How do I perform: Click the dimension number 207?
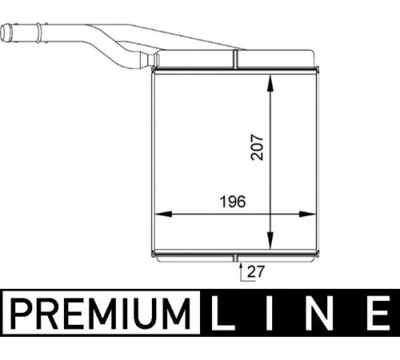click(257, 147)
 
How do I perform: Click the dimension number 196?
click(233, 202)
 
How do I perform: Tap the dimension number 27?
click(255, 271)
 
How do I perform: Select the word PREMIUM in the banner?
click(101, 314)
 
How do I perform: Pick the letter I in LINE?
click(270, 314)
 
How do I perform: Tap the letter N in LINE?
click(319, 314)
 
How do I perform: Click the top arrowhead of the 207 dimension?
click(270, 83)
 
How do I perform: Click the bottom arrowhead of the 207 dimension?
click(270, 240)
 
